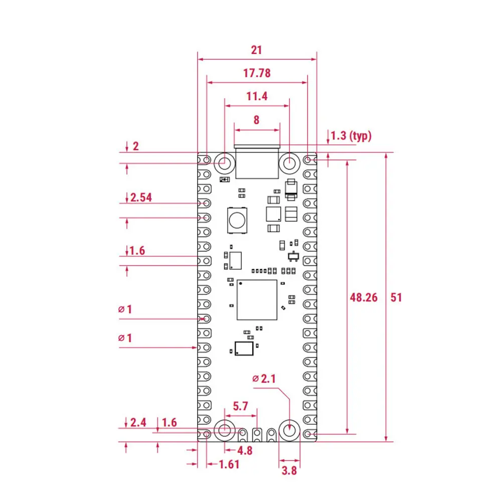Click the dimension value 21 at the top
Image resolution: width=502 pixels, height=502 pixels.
click(x=257, y=50)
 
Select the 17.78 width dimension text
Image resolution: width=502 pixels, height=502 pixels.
click(x=257, y=73)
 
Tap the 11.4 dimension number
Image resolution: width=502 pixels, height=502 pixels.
click(x=257, y=96)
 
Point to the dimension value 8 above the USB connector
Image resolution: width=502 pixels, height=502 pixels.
click(x=257, y=120)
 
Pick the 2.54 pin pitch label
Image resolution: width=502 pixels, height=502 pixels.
click(x=141, y=197)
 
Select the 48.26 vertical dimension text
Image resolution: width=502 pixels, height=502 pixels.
click(x=364, y=297)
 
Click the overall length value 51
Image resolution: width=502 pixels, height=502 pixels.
click(x=396, y=297)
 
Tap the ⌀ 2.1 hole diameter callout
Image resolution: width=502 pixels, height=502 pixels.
click(x=264, y=379)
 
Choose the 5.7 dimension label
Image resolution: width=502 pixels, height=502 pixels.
click(x=241, y=406)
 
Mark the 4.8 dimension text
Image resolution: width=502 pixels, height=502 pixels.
click(x=245, y=450)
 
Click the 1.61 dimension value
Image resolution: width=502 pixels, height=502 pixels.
click(x=229, y=464)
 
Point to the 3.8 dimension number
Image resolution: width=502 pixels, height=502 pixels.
click(x=289, y=470)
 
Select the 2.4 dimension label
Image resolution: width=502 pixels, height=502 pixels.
click(x=138, y=422)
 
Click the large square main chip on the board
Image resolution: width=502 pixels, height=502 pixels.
click(x=257, y=300)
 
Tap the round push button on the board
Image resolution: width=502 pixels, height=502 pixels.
click(x=236, y=219)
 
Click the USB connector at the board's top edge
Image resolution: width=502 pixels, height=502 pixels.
click(x=257, y=161)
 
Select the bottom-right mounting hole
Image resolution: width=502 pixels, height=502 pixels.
click(x=289, y=430)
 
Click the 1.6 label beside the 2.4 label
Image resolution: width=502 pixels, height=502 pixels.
click(x=170, y=422)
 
